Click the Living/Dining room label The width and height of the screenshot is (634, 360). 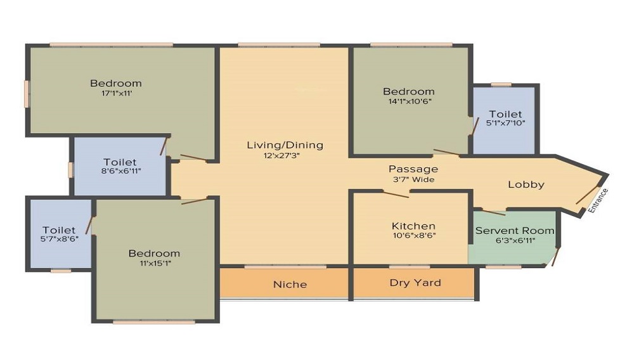[285, 145]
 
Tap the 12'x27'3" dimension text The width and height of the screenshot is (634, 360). [285, 155]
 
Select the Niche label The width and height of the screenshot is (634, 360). [290, 284]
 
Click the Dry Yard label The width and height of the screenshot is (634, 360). [415, 283]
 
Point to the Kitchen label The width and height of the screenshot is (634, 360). [413, 226]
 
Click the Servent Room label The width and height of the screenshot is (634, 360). [514, 231]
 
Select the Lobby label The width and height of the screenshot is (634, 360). [526, 184]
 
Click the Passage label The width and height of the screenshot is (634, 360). [413, 169]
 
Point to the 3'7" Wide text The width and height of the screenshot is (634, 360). [413, 179]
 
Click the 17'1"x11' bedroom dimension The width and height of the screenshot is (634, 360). [115, 93]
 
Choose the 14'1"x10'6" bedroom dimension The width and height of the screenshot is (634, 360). [408, 101]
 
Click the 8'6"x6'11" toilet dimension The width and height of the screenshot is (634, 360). [120, 172]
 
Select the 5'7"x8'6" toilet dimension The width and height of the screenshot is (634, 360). [59, 240]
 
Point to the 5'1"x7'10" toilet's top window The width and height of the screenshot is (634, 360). [501, 84]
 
